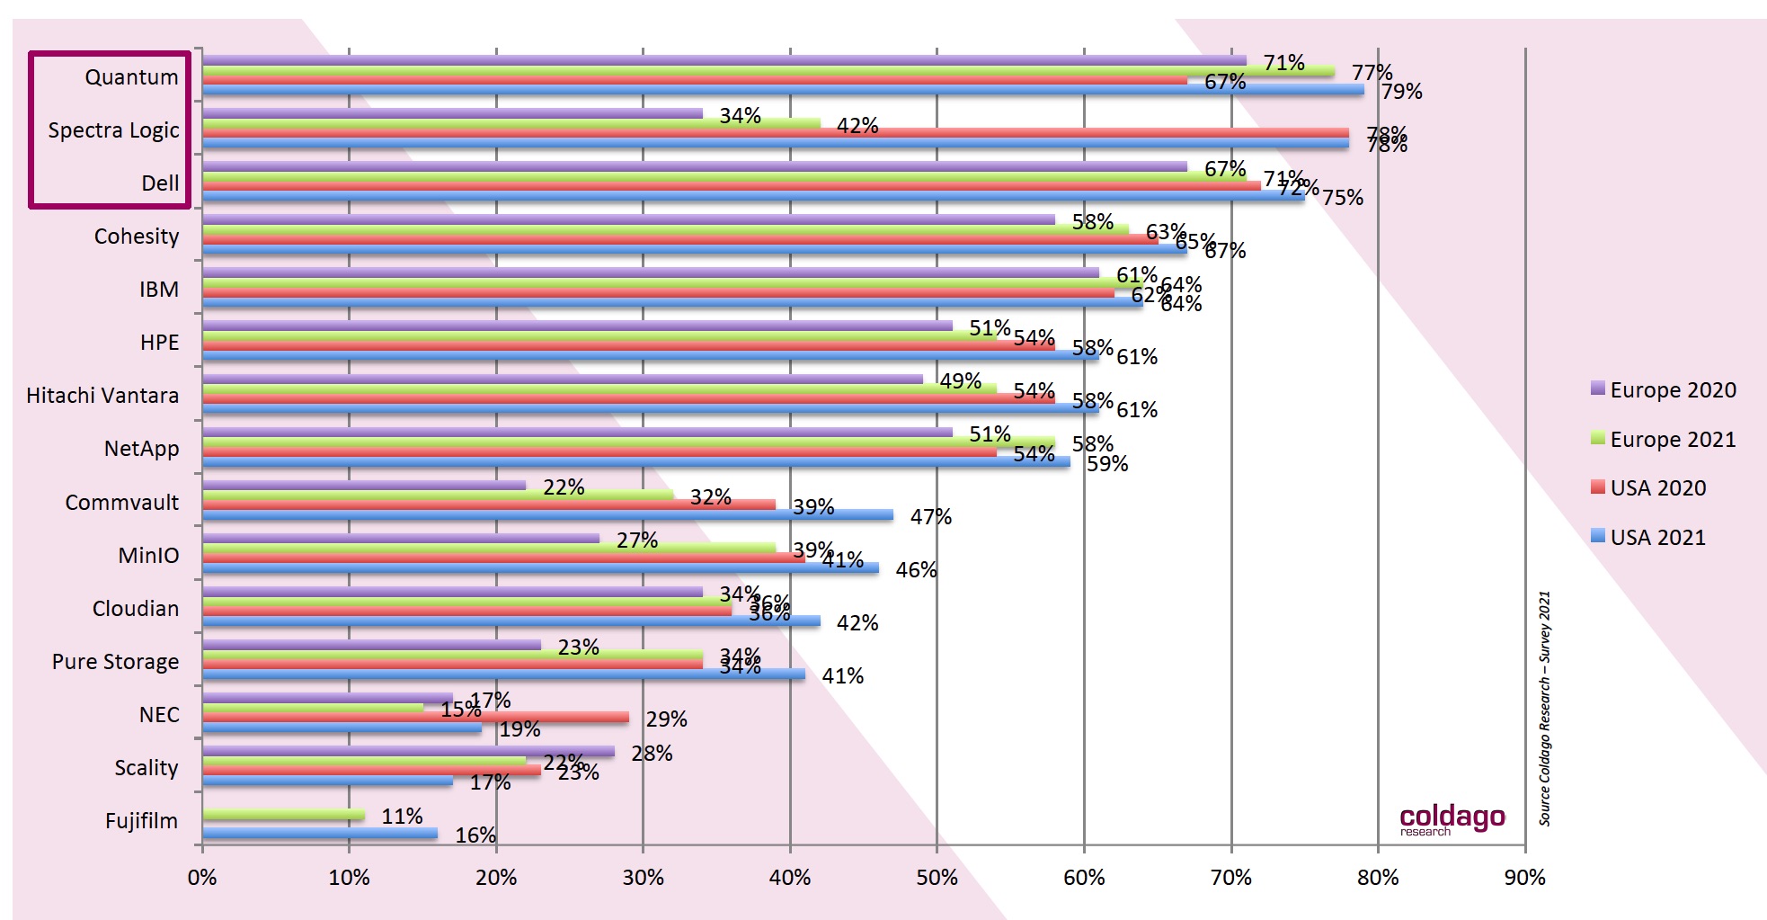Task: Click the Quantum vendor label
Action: click(x=131, y=77)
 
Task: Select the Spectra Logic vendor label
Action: click(x=113, y=130)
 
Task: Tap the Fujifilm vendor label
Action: click(x=141, y=821)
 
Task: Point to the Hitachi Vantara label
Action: click(x=102, y=396)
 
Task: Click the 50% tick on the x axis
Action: click(x=937, y=878)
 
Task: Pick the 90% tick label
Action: click(x=1524, y=878)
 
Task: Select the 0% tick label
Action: click(x=202, y=878)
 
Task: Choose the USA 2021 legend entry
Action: click(x=1656, y=538)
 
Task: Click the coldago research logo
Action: click(x=1452, y=818)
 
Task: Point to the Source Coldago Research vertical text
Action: click(x=1544, y=708)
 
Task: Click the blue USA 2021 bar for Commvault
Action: click(x=547, y=515)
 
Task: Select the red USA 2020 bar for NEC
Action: click(x=415, y=718)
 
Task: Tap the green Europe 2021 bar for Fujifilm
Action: click(x=283, y=815)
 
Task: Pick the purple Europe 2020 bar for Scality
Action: click(x=408, y=751)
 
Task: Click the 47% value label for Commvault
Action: click(x=930, y=517)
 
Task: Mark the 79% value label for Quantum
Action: click(x=1401, y=92)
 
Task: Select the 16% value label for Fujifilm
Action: click(x=475, y=835)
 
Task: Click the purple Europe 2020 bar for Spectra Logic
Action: click(x=452, y=113)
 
